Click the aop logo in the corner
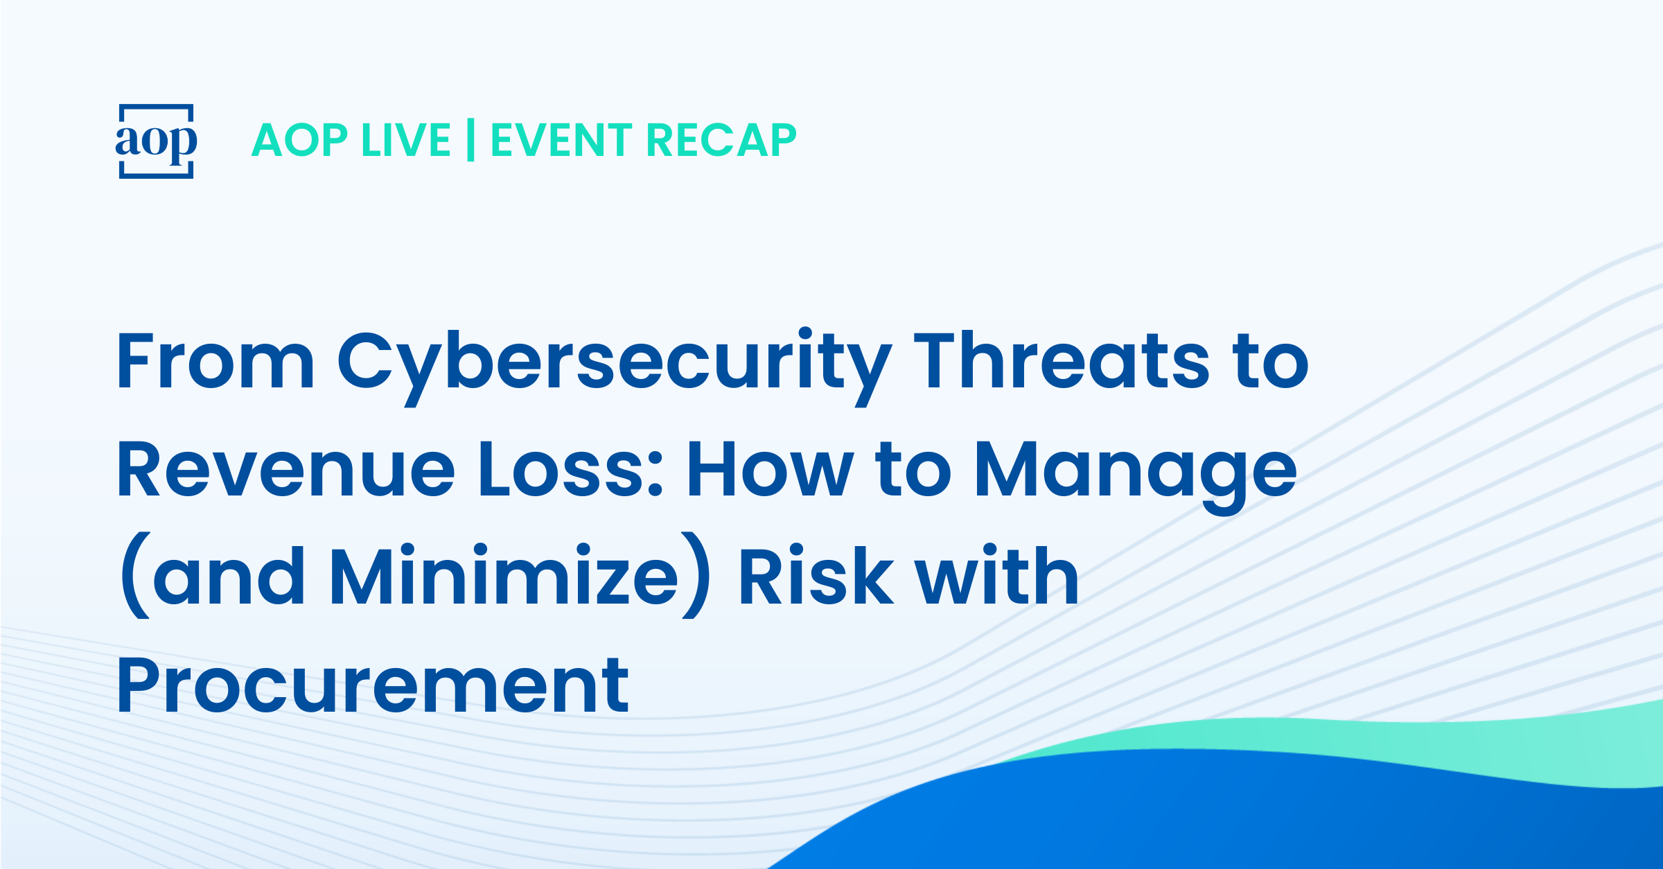point(156,141)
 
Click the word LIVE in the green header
point(407,141)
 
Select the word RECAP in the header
point(721,141)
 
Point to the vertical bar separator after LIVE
point(471,140)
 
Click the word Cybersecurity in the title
point(615,367)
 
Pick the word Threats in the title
point(1062,361)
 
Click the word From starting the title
point(215,361)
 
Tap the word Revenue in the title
point(286,469)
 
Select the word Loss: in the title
point(571,469)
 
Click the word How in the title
point(769,469)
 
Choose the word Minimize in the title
point(504,575)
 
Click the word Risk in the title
point(816,575)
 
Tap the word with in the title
point(997,575)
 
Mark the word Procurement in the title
point(373,686)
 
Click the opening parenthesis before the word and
point(134,575)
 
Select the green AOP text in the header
point(299,141)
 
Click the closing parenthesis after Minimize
point(696,575)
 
